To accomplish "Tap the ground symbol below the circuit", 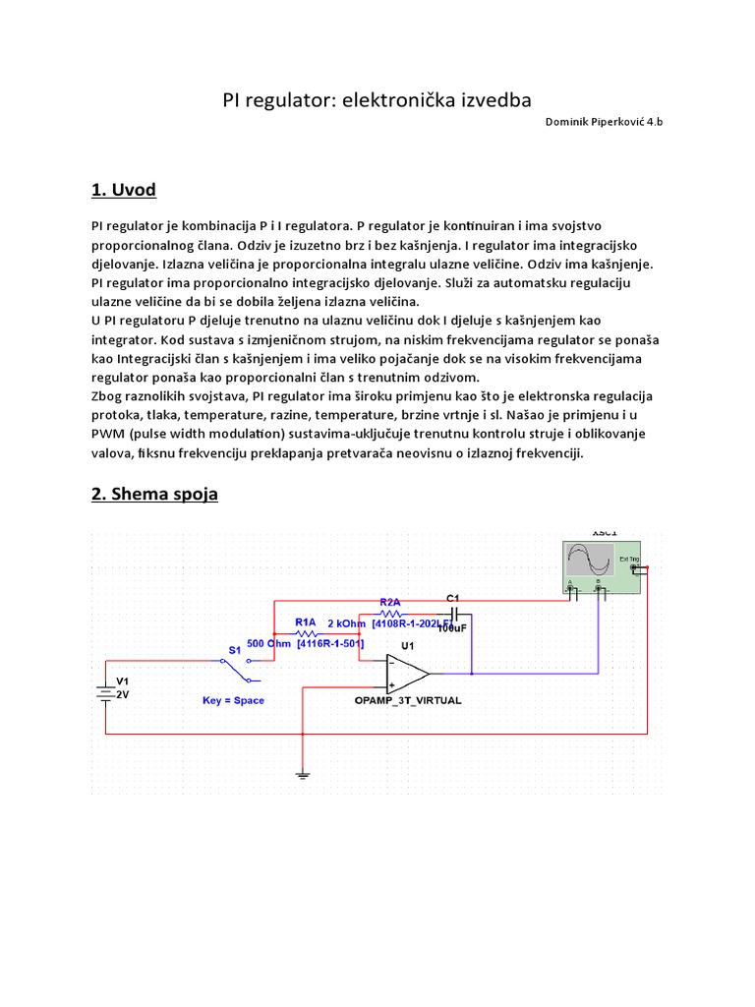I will [303, 776].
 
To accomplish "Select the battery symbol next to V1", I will [101, 691].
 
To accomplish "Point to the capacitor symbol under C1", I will [453, 611].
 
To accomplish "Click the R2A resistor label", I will [390, 602].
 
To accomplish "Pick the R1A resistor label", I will [306, 622].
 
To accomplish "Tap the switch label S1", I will [234, 650].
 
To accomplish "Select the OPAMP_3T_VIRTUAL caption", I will [408, 701].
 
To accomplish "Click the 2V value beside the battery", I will [123, 693].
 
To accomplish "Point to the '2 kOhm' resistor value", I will [346, 623].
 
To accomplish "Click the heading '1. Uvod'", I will [123, 190].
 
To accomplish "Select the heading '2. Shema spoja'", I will [154, 494].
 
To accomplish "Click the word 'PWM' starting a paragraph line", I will [107, 434].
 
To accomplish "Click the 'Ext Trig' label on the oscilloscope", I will [629, 560].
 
